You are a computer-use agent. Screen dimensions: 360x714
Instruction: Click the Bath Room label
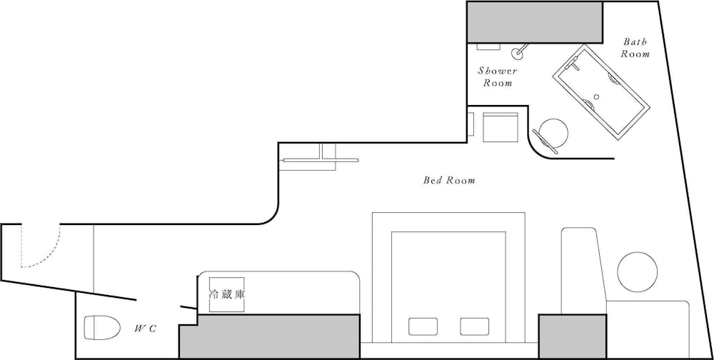click(635, 48)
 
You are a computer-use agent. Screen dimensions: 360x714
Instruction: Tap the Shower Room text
click(498, 77)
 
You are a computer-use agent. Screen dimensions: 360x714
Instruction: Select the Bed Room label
click(449, 181)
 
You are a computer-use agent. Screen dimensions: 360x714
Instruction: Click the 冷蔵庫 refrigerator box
click(227, 294)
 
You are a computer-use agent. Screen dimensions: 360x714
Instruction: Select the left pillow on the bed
click(423, 326)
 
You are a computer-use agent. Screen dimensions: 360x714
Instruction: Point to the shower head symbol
click(518, 52)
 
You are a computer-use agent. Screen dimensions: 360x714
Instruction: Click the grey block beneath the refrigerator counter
click(268, 336)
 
